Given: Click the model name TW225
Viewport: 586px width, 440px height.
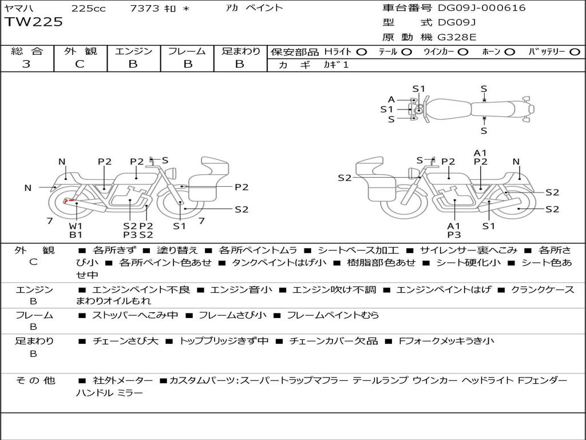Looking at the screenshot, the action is [34, 23].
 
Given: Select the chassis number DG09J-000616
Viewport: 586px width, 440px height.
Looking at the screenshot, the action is [481, 8].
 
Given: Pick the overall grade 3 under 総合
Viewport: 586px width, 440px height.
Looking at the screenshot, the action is [26, 64].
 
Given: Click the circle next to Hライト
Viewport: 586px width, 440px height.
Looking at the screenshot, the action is [361, 52].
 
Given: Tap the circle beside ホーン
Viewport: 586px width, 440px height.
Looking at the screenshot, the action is [509, 52].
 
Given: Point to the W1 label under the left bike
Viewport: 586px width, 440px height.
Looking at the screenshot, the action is [76, 225].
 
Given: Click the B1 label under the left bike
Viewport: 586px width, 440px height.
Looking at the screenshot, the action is [76, 234].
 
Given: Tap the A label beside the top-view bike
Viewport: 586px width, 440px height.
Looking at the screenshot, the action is [391, 99].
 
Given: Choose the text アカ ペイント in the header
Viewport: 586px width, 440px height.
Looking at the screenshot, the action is [254, 8].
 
